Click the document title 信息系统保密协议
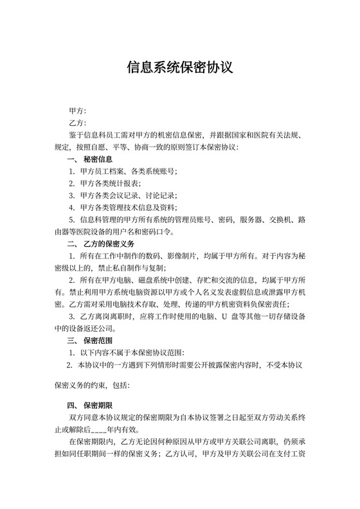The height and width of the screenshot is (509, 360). (x=179, y=67)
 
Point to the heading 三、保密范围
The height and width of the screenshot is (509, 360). (x=90, y=341)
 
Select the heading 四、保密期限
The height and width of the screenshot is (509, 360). (x=90, y=406)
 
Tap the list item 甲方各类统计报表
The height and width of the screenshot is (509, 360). (x=110, y=184)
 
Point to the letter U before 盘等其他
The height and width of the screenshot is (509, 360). (x=225, y=317)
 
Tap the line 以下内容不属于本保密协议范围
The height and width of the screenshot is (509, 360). (x=132, y=353)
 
